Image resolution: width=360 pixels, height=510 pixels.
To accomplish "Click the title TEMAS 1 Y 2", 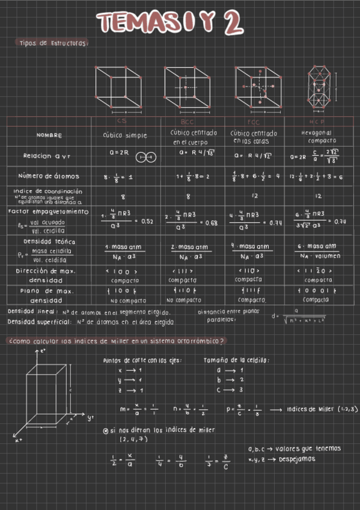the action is (x=171, y=23).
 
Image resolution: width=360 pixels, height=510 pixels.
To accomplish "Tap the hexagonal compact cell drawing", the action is (x=319, y=87).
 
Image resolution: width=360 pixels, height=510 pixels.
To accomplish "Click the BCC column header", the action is (x=187, y=121).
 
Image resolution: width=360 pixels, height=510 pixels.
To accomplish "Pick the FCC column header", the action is (x=254, y=121).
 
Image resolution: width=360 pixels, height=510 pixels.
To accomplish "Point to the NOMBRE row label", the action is (x=49, y=135).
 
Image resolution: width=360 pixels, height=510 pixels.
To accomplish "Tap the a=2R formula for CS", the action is (x=120, y=153).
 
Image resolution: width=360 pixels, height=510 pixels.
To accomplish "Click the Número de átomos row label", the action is (x=51, y=176).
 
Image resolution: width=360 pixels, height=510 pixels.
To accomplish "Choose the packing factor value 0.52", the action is (x=147, y=222).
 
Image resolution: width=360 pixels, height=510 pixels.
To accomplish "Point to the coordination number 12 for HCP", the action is (x=319, y=196).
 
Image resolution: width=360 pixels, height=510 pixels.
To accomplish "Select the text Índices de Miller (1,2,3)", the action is (x=322, y=409).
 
